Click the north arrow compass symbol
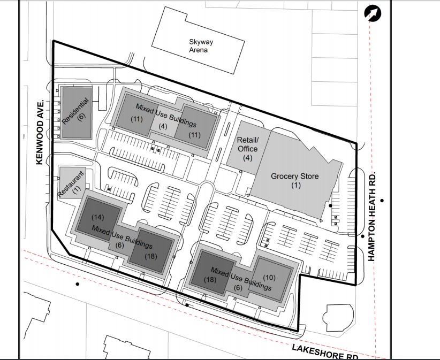coord(373,13)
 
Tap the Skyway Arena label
coord(201,46)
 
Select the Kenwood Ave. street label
coord(40,132)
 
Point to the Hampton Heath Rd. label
coord(371,216)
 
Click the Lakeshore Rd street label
coord(325,352)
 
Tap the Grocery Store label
coord(294,176)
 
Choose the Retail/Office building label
coord(247,144)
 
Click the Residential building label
coord(75,111)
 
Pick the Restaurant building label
coord(71,183)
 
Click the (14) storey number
coord(97,217)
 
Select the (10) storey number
coord(269,277)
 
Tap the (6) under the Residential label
coord(81,117)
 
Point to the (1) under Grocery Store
coord(296,185)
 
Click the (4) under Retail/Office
coord(247,158)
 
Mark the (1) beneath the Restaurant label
coord(77,190)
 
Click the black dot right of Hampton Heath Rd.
coord(382,201)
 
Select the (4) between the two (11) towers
coord(163,126)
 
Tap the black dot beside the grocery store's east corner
coord(330,205)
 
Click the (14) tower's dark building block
coord(98,219)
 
